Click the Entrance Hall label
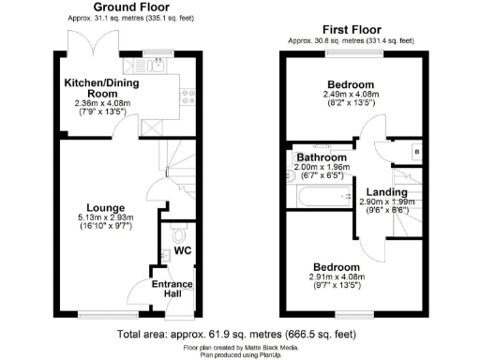172,289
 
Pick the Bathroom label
323,157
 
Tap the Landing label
385,192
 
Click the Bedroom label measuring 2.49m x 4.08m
351,83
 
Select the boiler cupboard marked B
416,152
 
